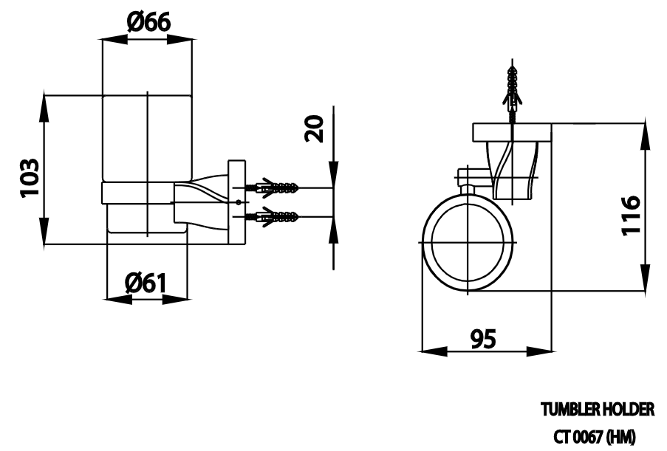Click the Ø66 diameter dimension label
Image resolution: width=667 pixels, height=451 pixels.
pyautogui.click(x=148, y=21)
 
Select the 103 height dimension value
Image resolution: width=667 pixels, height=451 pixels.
pyautogui.click(x=30, y=177)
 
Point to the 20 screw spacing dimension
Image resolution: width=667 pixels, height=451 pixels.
pyautogui.click(x=315, y=128)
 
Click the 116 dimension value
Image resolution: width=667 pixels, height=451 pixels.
pyautogui.click(x=630, y=215)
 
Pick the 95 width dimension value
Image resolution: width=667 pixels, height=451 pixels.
pyautogui.click(x=483, y=339)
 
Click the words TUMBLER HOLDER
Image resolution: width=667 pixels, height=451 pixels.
pyautogui.click(x=598, y=410)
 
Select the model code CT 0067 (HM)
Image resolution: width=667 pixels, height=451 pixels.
pyautogui.click(x=595, y=436)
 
